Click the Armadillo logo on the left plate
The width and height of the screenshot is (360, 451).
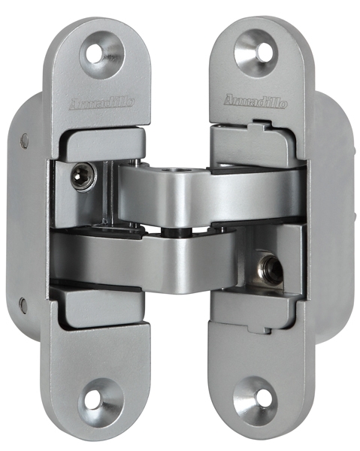pos(101,104)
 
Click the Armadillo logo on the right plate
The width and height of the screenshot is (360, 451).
pos(256,101)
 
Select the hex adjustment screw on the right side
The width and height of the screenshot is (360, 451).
pos(271,268)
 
